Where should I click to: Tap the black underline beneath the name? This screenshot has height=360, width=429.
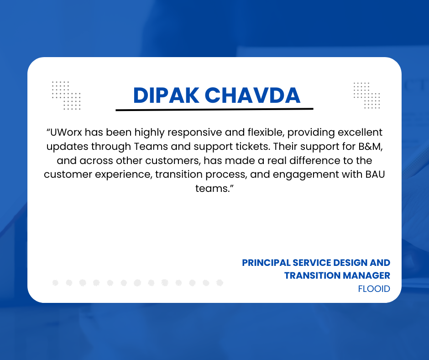[214, 109]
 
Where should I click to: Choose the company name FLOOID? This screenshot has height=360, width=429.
[374, 289]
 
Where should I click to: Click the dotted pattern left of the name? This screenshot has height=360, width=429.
[66, 95]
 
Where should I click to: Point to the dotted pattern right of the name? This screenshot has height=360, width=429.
[366, 95]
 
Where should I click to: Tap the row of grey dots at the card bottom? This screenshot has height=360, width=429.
[137, 283]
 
